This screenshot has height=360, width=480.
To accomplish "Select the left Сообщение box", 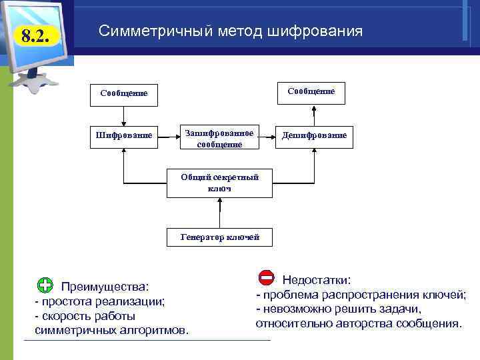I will click(x=124, y=94).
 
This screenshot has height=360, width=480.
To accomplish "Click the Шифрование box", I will click(x=124, y=135).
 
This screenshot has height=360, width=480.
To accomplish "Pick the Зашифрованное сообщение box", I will click(x=219, y=139).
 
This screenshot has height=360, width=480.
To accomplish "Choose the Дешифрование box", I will click(x=314, y=135).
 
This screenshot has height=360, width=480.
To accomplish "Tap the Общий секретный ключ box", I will click(x=219, y=183).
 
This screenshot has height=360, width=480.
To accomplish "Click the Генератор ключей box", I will click(x=219, y=237).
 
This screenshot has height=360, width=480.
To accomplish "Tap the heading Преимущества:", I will click(x=105, y=287).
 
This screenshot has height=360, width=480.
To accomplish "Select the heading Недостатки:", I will click(x=316, y=280).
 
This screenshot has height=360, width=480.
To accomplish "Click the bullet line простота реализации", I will click(x=100, y=301).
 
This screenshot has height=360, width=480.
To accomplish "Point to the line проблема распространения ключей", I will click(x=361, y=295).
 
